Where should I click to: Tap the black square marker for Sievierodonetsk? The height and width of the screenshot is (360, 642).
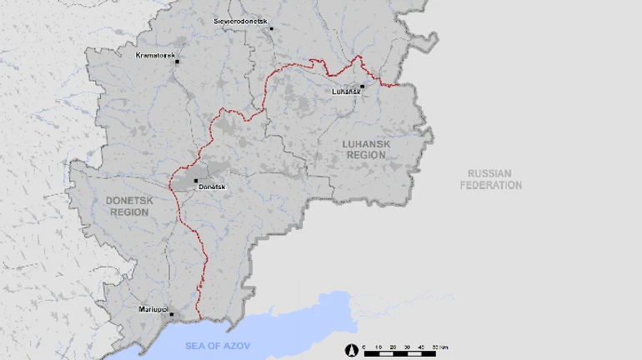[x=271, y=28]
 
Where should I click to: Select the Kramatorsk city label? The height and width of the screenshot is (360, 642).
[x=157, y=56]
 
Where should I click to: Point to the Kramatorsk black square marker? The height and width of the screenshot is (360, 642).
[x=177, y=62]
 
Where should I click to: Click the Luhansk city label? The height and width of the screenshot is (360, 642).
[x=345, y=91]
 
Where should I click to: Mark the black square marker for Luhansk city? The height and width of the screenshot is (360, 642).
[x=363, y=86]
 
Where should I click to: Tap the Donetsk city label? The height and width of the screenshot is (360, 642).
[x=212, y=187]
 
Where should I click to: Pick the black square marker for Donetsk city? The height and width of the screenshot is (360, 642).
[x=196, y=181]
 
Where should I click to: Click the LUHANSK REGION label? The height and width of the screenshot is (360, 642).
[x=366, y=149]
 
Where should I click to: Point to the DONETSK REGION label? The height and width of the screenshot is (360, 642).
[x=128, y=207]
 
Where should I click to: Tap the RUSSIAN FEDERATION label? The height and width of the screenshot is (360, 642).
[x=491, y=179]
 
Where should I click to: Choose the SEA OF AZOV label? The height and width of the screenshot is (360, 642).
[x=218, y=345]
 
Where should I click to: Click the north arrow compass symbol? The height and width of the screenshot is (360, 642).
[x=352, y=351]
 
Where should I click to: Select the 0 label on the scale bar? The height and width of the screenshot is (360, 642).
[x=364, y=346]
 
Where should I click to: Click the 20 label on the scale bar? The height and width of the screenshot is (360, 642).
[x=394, y=346]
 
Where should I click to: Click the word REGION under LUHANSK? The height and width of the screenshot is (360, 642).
[x=366, y=155]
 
